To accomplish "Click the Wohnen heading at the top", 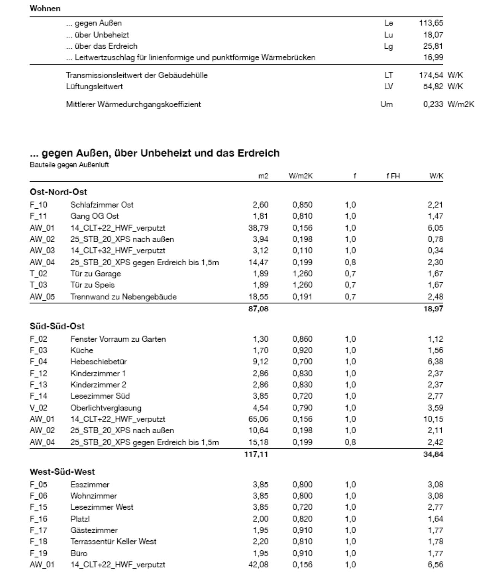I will pos(45,8).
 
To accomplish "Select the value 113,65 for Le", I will pos(431,23).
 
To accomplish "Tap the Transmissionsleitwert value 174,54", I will pos(431,75).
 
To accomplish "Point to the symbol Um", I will pos(387,105).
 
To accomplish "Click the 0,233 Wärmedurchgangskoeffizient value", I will pos(433,105).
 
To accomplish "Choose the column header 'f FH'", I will pos(393,176).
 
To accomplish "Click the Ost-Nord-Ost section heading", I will pos(58,192).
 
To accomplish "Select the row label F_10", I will pos(38,205).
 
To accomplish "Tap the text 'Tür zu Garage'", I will pos(95,274).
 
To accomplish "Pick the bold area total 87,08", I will pos(258,309).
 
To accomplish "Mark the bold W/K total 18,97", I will pos(433,309).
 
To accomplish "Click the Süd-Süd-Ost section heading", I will pos(57,326).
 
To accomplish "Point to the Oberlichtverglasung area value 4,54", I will pos(261,408).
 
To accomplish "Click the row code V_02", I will pos(38,408).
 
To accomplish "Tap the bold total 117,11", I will pos(256,454).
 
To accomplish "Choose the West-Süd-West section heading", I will pos(62,472).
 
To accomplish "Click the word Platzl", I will pos(80,519).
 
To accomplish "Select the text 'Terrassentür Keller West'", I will pos(113,542).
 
